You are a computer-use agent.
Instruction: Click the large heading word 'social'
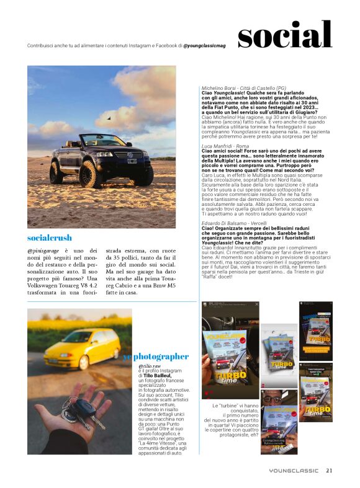pos(285,35)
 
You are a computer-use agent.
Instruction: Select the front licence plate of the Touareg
pos(132,162)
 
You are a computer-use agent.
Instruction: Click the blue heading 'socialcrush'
pos(50,238)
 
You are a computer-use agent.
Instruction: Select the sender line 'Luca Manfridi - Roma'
pos(222,144)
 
